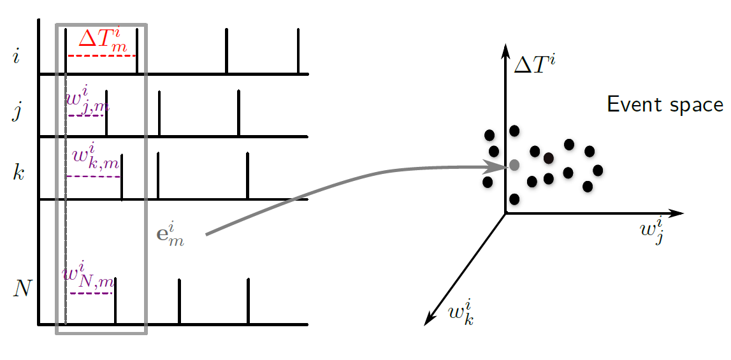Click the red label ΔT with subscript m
point(102,40)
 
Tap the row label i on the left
point(16,58)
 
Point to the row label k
point(19,172)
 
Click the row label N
point(22,289)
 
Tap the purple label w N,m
point(88,277)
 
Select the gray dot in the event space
point(514,165)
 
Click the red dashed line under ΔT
point(102,56)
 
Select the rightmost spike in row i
point(298,51)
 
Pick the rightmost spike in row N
point(248,301)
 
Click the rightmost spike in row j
point(238,113)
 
